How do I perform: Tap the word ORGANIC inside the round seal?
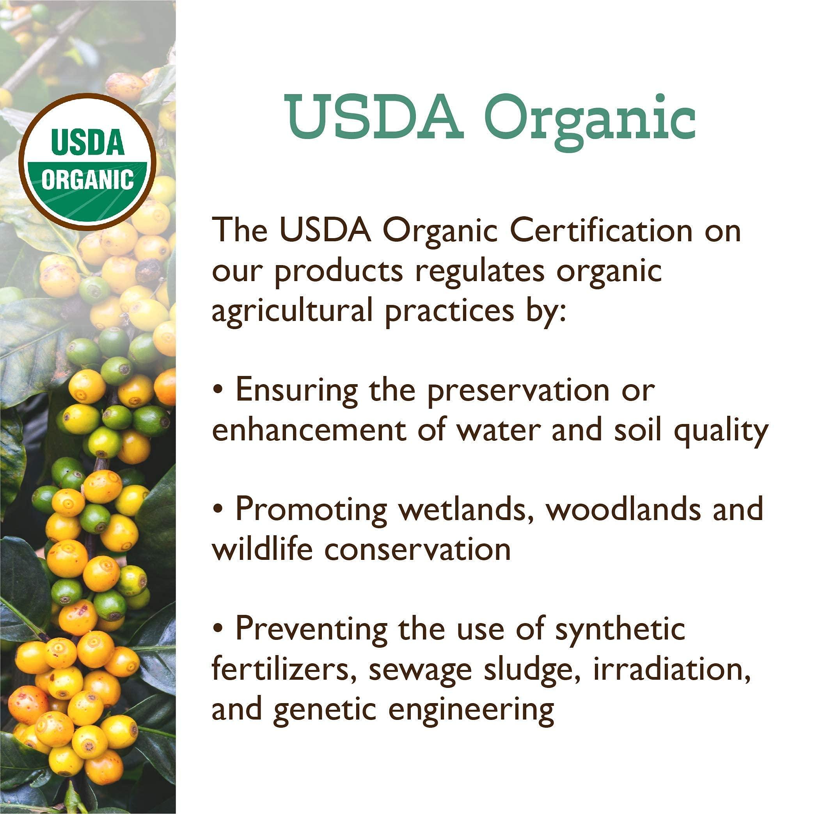click(x=87, y=180)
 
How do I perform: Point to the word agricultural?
click(x=292, y=310)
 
